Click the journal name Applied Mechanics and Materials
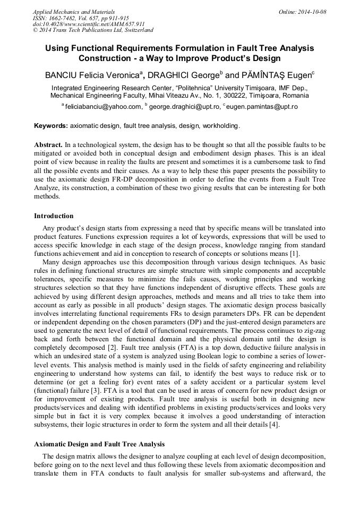pyautogui.click(x=74, y=11)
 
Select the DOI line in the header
pyautogui.click(x=89, y=24)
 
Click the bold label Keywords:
pyautogui.click(x=51, y=126)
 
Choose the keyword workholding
pyautogui.click(x=221, y=126)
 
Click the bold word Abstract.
pyautogui.click(x=48, y=144)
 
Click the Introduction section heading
pyautogui.click(x=54, y=216)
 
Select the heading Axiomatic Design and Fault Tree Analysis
pyautogui.click(x=99, y=444)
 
